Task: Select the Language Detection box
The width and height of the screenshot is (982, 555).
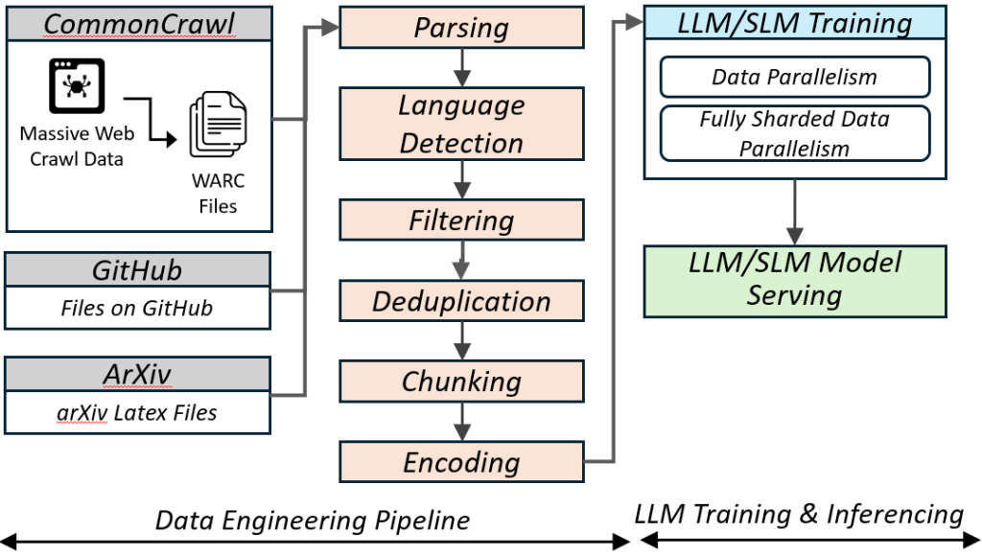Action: (x=461, y=124)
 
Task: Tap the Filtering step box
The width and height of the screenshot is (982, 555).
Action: (x=461, y=220)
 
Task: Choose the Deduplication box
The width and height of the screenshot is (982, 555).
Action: (x=461, y=301)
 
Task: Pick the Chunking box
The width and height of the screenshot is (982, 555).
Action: (x=461, y=382)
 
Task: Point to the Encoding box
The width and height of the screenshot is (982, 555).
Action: (x=461, y=462)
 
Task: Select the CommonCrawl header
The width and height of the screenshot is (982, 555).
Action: (x=139, y=22)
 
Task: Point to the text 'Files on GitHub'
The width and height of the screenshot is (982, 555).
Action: (x=136, y=309)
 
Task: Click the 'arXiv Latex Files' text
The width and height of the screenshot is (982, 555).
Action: (x=138, y=413)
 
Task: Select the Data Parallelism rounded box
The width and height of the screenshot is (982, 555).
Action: (x=794, y=78)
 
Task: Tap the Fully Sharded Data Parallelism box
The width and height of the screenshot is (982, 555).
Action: (x=794, y=133)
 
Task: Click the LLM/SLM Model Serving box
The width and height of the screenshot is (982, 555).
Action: (x=794, y=281)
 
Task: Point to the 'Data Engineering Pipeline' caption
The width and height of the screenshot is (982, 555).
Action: (x=313, y=520)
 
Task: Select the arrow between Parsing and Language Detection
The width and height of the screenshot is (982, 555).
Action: (x=462, y=67)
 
